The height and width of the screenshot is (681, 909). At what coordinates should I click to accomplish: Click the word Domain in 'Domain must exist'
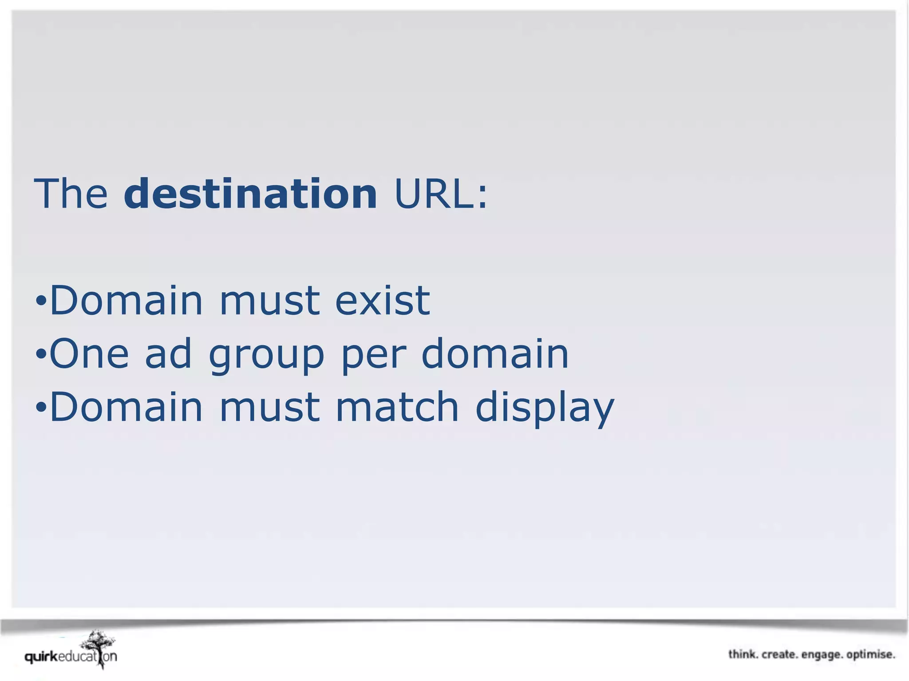126,301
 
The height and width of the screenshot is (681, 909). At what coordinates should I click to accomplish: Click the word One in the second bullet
89,354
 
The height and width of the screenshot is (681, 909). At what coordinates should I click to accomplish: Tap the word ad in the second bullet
169,354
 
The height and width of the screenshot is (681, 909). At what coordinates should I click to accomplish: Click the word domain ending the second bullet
494,354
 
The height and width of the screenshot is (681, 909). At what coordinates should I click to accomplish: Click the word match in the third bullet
397,407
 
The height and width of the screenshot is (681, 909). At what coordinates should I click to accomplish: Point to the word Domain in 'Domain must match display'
126,407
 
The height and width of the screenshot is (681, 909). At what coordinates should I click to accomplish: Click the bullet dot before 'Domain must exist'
41,302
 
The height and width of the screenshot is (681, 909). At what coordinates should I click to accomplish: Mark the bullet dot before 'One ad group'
41,355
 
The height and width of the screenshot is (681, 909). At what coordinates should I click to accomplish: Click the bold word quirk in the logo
41,657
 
